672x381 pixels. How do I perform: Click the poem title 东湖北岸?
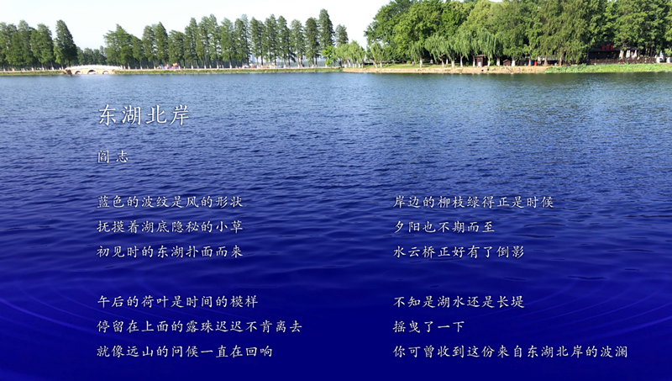(x=144, y=115)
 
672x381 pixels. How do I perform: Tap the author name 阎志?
(x=113, y=157)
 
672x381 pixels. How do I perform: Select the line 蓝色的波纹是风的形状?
(x=170, y=202)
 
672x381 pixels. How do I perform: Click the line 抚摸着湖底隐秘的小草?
(x=170, y=226)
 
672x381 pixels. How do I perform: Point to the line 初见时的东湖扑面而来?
(x=170, y=251)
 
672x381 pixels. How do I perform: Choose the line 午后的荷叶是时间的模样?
(x=177, y=302)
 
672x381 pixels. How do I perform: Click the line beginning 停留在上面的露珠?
(x=199, y=326)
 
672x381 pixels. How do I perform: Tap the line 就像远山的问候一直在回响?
(x=185, y=352)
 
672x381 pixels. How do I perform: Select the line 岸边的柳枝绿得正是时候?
(x=473, y=202)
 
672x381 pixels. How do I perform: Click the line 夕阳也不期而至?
(x=444, y=226)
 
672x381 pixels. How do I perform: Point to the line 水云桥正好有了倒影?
(x=459, y=251)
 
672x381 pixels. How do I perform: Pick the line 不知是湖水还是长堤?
(x=459, y=302)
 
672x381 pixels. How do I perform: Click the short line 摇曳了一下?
(x=429, y=326)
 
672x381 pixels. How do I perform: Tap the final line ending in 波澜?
(x=510, y=352)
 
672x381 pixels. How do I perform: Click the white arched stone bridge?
(x=92, y=70)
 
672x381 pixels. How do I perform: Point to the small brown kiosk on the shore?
(x=480, y=61)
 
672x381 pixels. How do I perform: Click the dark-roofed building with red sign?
(x=605, y=52)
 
